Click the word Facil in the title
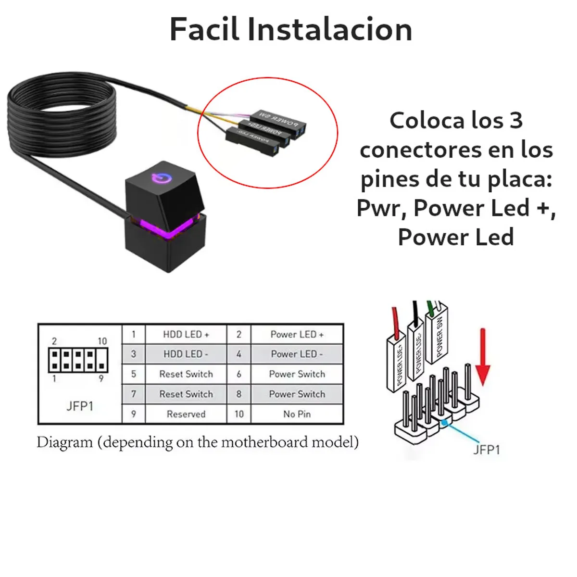[204, 29]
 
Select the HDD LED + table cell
[186, 334]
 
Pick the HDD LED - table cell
[186, 354]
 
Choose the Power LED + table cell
[297, 334]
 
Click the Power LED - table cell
[297, 354]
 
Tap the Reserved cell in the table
[186, 414]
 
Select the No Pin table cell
[297, 414]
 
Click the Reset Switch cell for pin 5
[186, 374]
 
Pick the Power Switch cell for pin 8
[297, 394]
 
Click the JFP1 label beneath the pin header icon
[80, 406]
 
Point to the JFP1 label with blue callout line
[487, 450]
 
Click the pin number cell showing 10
[239, 414]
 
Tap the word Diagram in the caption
[64, 442]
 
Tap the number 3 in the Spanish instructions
[516, 121]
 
